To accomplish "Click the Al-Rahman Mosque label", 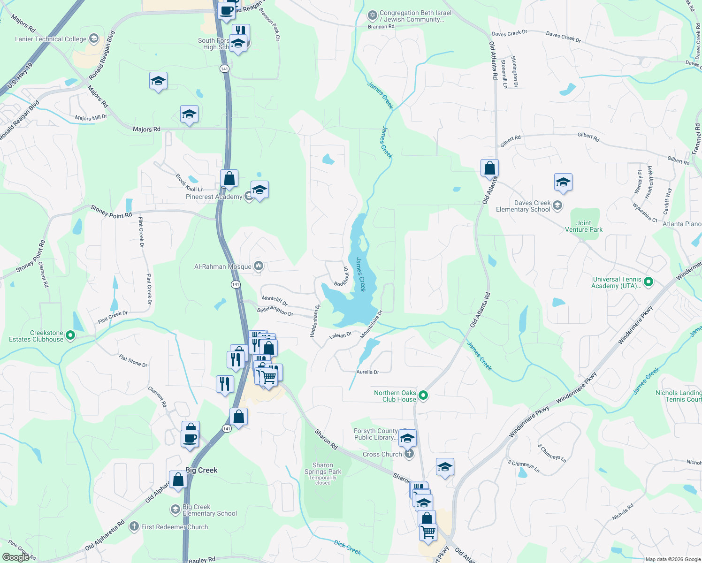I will coord(223,266).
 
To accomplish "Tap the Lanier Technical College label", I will coord(51,39).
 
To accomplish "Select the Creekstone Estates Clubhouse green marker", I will coord(70,335).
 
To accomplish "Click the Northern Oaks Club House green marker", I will coord(423,396).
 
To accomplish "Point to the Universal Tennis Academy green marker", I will coord(649,282).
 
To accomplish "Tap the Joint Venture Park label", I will coord(584,226).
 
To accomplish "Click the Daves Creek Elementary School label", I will coord(523,206).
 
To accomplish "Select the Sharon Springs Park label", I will coord(323,468).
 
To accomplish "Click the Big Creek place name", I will coord(201,470).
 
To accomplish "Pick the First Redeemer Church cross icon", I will coord(134,526).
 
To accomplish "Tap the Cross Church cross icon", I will coord(409,454).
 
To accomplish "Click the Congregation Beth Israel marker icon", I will coord(373,16).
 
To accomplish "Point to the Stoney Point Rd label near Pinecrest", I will coord(111,212).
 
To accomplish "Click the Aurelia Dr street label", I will coord(367,372).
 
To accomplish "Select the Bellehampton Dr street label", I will coord(275,312).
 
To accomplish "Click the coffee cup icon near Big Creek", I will coord(190,439).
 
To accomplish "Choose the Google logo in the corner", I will coord(15,557).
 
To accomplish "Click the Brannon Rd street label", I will coord(381,27).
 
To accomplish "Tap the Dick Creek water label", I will coord(347,547).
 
